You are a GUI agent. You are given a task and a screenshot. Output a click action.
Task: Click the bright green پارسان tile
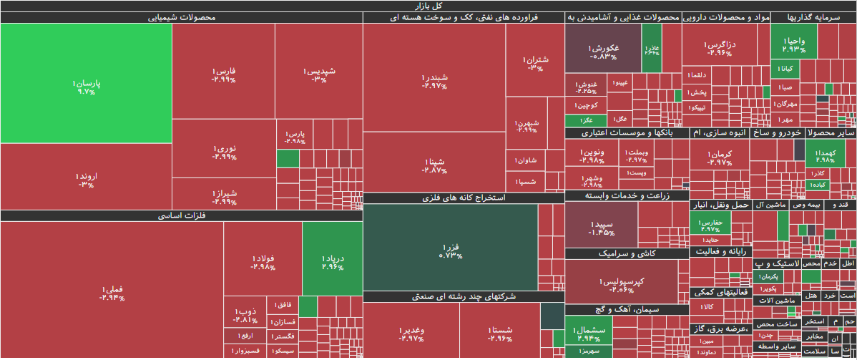click(x=86, y=84)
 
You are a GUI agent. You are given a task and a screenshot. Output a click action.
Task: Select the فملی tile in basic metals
click(x=112, y=290)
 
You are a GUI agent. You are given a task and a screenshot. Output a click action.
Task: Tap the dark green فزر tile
click(x=450, y=247)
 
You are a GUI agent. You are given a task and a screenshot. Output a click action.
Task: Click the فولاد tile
click(x=263, y=261)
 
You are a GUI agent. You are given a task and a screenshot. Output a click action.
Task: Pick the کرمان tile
click(x=719, y=157)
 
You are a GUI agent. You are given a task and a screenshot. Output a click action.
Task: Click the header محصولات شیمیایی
click(x=181, y=18)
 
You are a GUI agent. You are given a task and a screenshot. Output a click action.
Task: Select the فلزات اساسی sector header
click(x=181, y=215)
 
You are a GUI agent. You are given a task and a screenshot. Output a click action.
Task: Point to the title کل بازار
click(x=428, y=6)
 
